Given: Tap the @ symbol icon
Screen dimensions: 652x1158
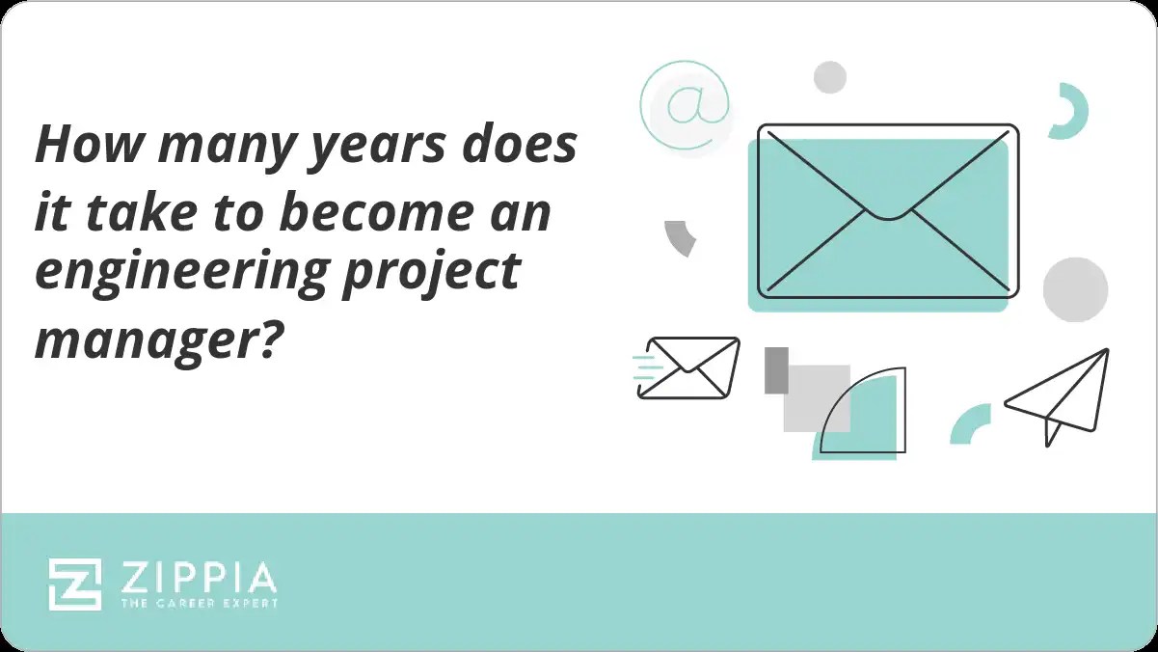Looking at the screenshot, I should [684, 104].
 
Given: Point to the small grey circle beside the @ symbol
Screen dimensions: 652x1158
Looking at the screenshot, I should [829, 77].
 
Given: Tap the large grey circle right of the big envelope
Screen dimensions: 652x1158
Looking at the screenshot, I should [1075, 288].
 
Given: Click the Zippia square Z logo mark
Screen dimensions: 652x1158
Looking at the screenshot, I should [75, 584].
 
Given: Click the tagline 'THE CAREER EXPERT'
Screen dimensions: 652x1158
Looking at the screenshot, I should [199, 604].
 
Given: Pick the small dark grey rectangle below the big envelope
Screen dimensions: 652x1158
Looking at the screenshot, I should [776, 370].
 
